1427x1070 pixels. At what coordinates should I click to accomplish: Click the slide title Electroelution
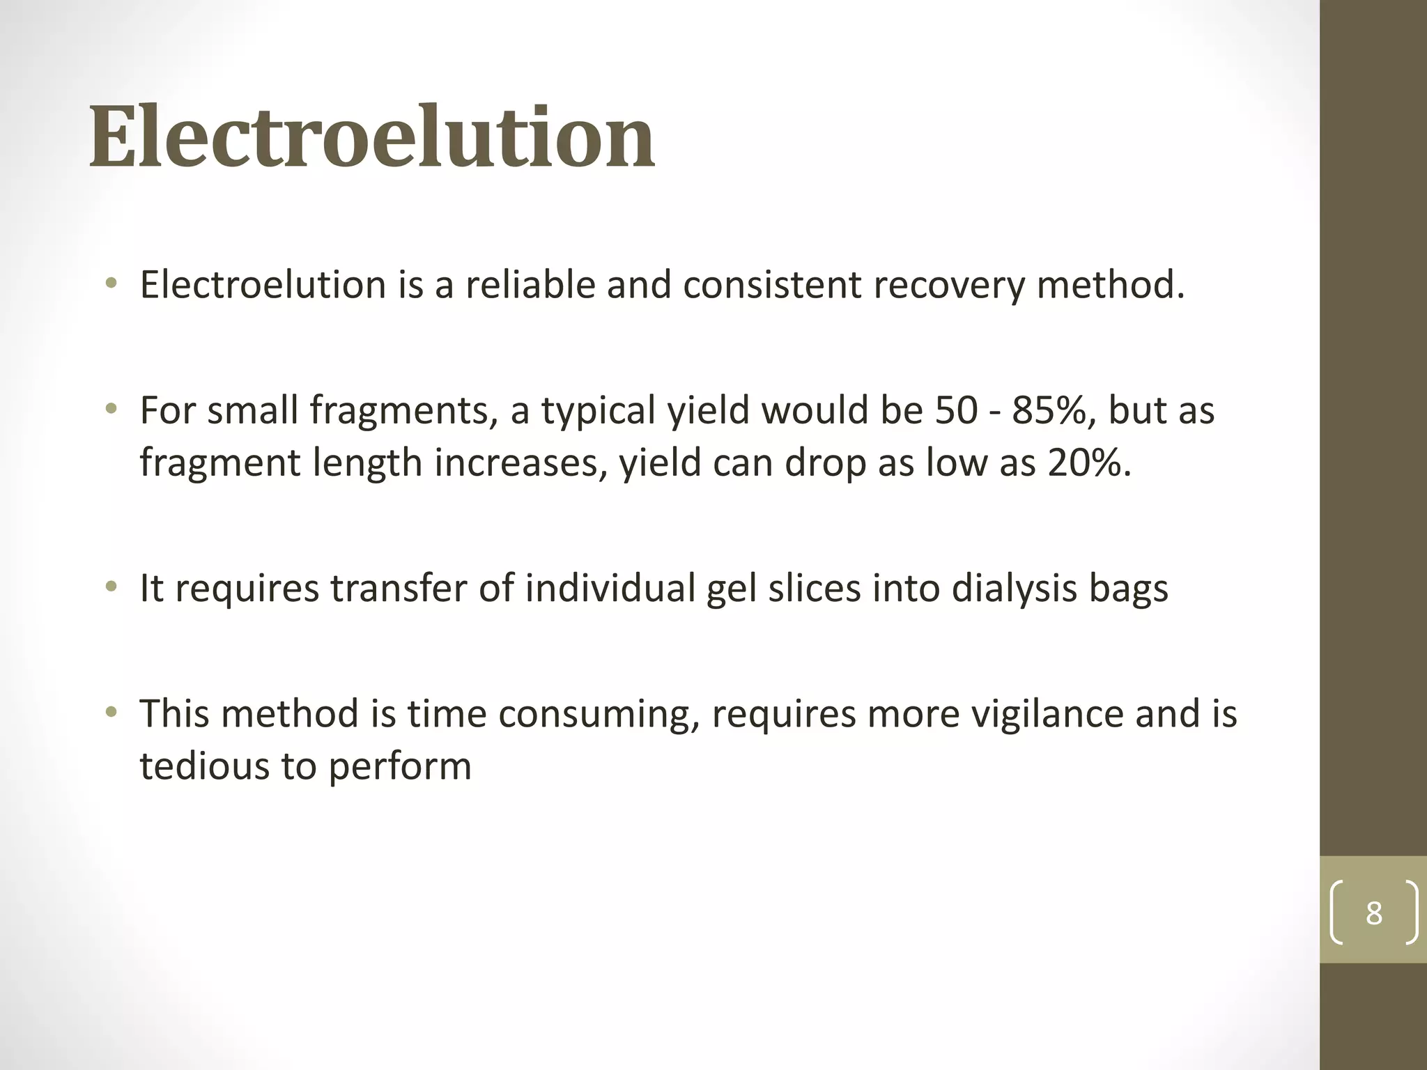(x=372, y=137)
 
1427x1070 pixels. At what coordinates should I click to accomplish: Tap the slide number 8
(x=1373, y=913)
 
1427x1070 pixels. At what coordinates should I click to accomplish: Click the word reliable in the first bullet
(x=530, y=285)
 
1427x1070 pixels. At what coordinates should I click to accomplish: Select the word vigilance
(x=1047, y=714)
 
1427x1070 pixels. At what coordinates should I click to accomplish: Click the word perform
(x=400, y=766)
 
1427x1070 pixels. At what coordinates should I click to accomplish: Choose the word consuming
(x=599, y=714)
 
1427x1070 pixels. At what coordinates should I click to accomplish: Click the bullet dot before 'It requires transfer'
(x=111, y=589)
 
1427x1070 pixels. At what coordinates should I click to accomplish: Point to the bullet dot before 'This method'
(x=111, y=713)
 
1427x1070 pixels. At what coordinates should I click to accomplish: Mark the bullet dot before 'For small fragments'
(x=111, y=409)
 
